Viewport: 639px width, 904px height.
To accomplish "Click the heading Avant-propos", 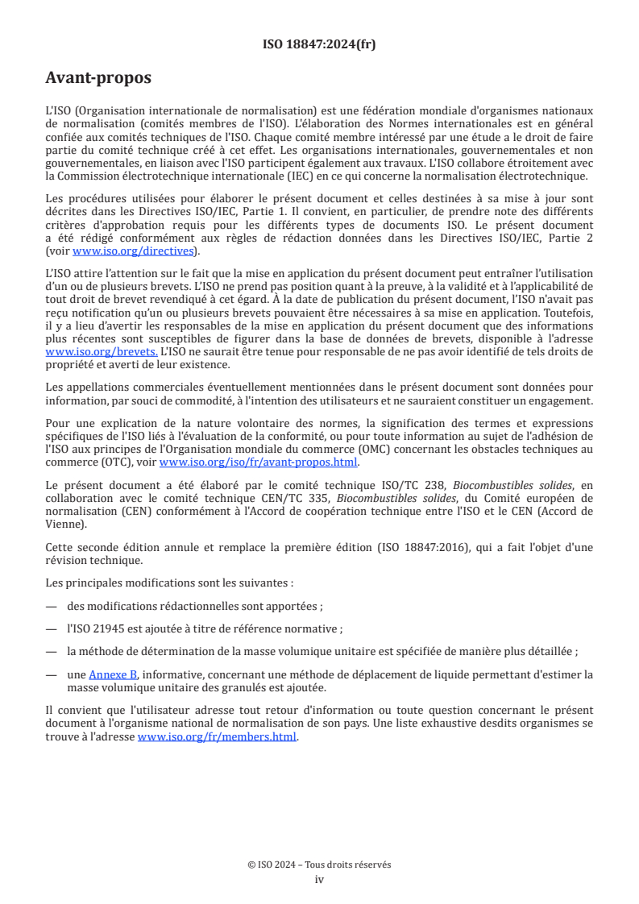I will [x=98, y=78].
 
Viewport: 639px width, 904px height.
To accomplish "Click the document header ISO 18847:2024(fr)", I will [x=319, y=44].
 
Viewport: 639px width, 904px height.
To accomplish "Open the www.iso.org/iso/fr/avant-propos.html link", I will [x=259, y=462].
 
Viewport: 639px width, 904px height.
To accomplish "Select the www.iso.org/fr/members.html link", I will [x=217, y=736].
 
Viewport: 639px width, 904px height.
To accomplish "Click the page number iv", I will [x=319, y=879].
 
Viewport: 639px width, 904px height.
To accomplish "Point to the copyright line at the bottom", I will [x=319, y=865].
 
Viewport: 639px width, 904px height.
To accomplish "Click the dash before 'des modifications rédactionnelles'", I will [x=51, y=606].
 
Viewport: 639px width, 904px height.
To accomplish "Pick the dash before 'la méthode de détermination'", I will [x=51, y=651].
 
